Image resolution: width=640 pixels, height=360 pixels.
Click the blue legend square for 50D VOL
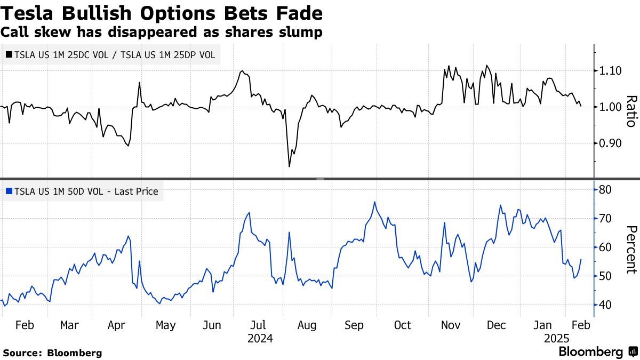(x=8, y=190)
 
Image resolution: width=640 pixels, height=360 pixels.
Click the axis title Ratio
(x=631, y=111)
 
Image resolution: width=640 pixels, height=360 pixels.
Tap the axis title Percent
(x=631, y=249)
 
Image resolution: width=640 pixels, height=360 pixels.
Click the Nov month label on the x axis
(x=451, y=325)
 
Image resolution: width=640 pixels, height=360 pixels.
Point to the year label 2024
(x=260, y=338)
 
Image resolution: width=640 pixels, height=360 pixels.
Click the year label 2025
(x=557, y=338)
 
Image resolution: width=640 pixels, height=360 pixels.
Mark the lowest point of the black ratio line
(x=289, y=167)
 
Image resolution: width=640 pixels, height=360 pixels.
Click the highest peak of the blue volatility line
(x=374, y=202)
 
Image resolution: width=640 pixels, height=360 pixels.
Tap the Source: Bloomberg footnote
(x=52, y=353)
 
